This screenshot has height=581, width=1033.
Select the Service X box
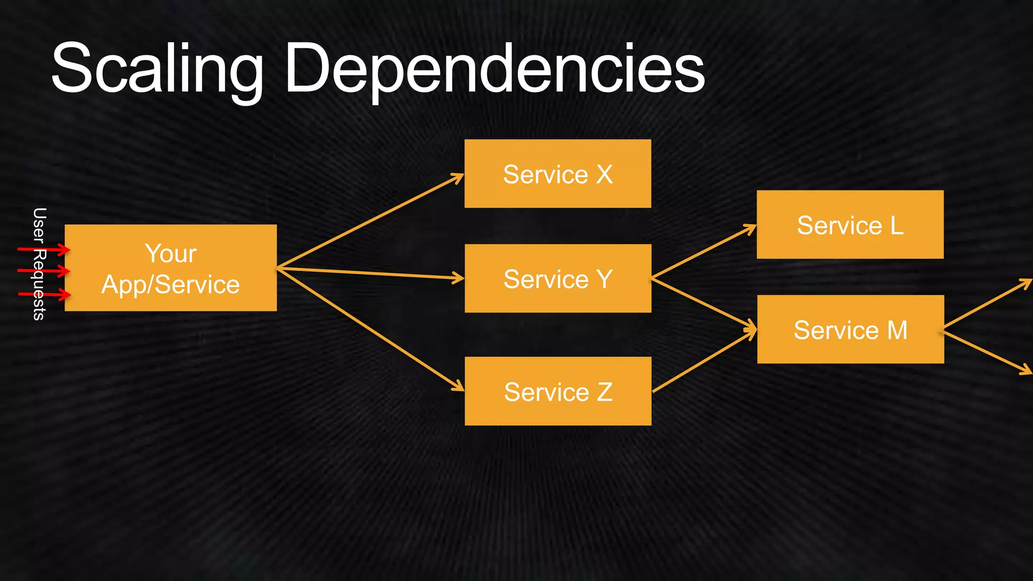(557, 174)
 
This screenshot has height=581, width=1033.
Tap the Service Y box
(557, 278)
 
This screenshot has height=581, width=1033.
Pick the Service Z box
(557, 391)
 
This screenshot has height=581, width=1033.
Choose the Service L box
(850, 225)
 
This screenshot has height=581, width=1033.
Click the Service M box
(850, 330)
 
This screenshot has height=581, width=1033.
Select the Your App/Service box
(170, 268)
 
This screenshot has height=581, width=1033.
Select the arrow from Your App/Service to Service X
(371, 220)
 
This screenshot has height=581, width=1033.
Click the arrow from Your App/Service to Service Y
(371, 273)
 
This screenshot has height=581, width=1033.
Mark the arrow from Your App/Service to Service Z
(371, 329)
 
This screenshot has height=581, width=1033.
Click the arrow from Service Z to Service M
(704, 361)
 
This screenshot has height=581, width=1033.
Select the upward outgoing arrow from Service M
(986, 305)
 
